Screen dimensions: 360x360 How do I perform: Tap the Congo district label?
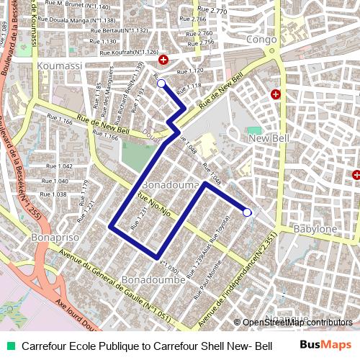[x=261, y=40]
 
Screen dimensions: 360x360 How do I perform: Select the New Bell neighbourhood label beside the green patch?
[x=267, y=138]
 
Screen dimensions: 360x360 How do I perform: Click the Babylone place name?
[x=315, y=229]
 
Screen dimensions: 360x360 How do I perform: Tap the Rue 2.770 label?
[x=212, y=12]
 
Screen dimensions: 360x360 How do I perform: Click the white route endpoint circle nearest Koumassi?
[x=161, y=84]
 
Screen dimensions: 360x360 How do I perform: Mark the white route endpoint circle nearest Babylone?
[x=247, y=212]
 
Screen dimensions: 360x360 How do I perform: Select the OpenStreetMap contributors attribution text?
[x=297, y=322]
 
